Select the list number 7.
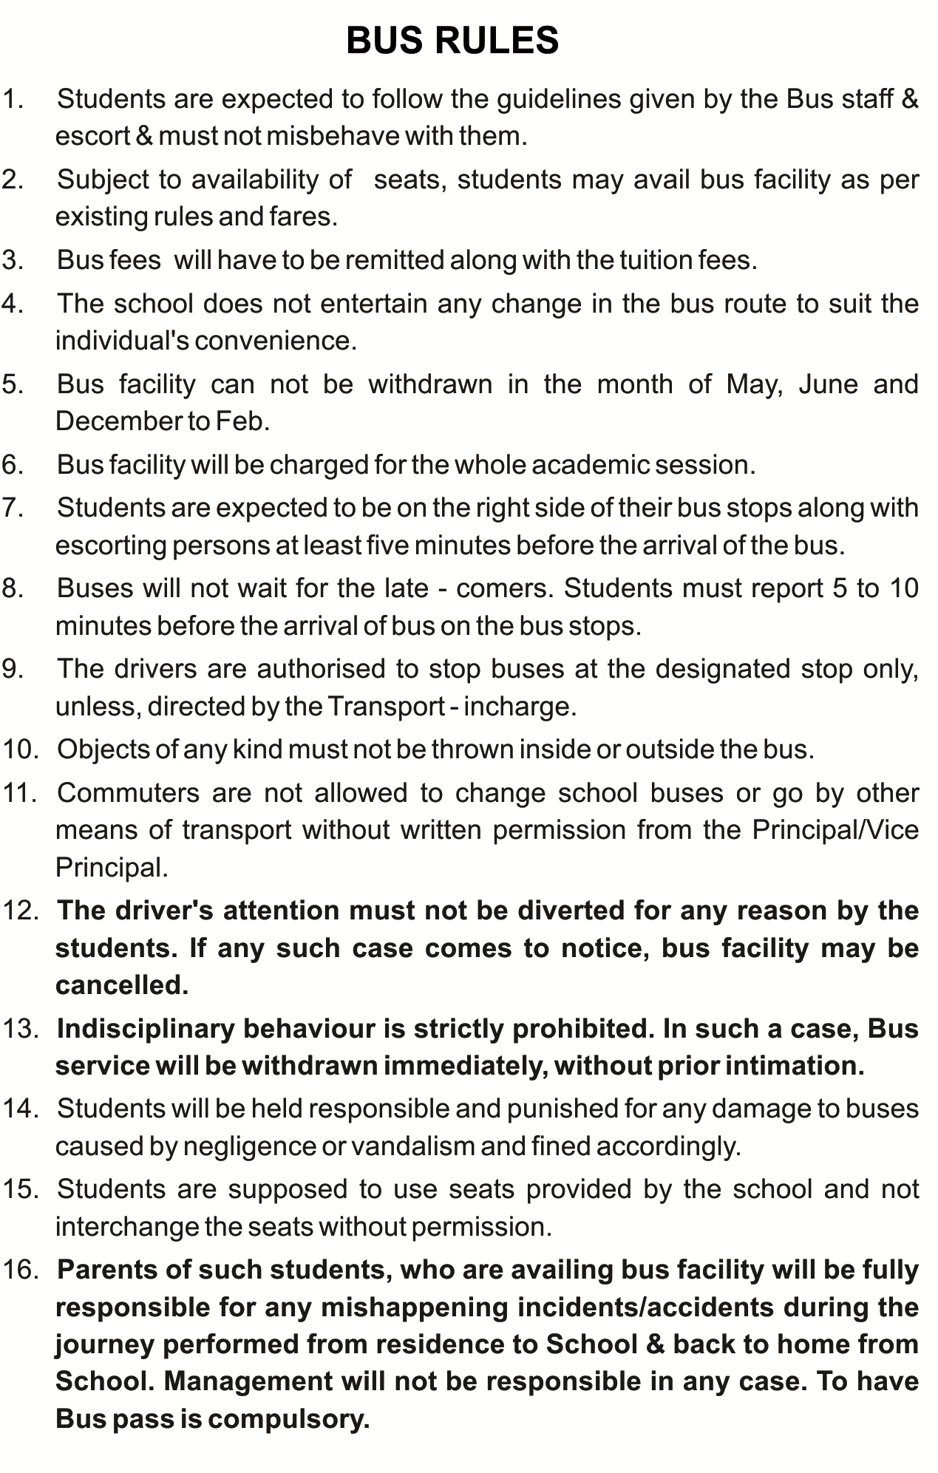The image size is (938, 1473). click(13, 508)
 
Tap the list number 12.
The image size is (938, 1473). click(20, 911)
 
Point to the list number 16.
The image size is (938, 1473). click(20, 1270)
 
